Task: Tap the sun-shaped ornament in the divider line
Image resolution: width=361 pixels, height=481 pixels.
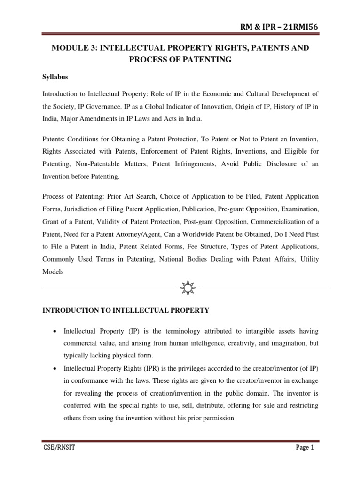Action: coord(187,286)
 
